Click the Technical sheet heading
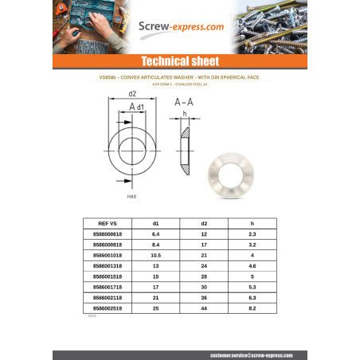[179, 62]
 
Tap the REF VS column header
[107, 224]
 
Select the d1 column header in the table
[155, 224]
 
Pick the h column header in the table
[252, 224]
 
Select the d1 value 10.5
[155, 255]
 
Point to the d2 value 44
[204, 307]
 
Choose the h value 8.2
[252, 307]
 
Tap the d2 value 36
[204, 296]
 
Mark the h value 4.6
[252, 265]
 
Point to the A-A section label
[184, 103]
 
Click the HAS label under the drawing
[131, 194]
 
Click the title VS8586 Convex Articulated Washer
[179, 77]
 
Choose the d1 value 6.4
[155, 234]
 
